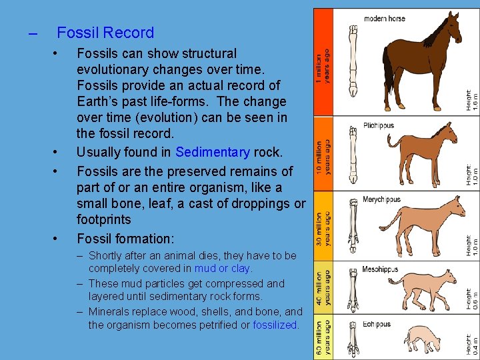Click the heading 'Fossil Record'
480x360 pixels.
point(105,33)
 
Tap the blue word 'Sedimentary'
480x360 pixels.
point(213,153)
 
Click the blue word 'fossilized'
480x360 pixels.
point(275,325)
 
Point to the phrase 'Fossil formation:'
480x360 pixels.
point(125,239)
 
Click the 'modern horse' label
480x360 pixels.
point(385,18)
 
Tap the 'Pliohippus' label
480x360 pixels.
point(379,125)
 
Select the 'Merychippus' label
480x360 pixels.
point(381,199)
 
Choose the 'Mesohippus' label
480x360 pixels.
point(379,269)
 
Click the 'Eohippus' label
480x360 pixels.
point(377,324)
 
